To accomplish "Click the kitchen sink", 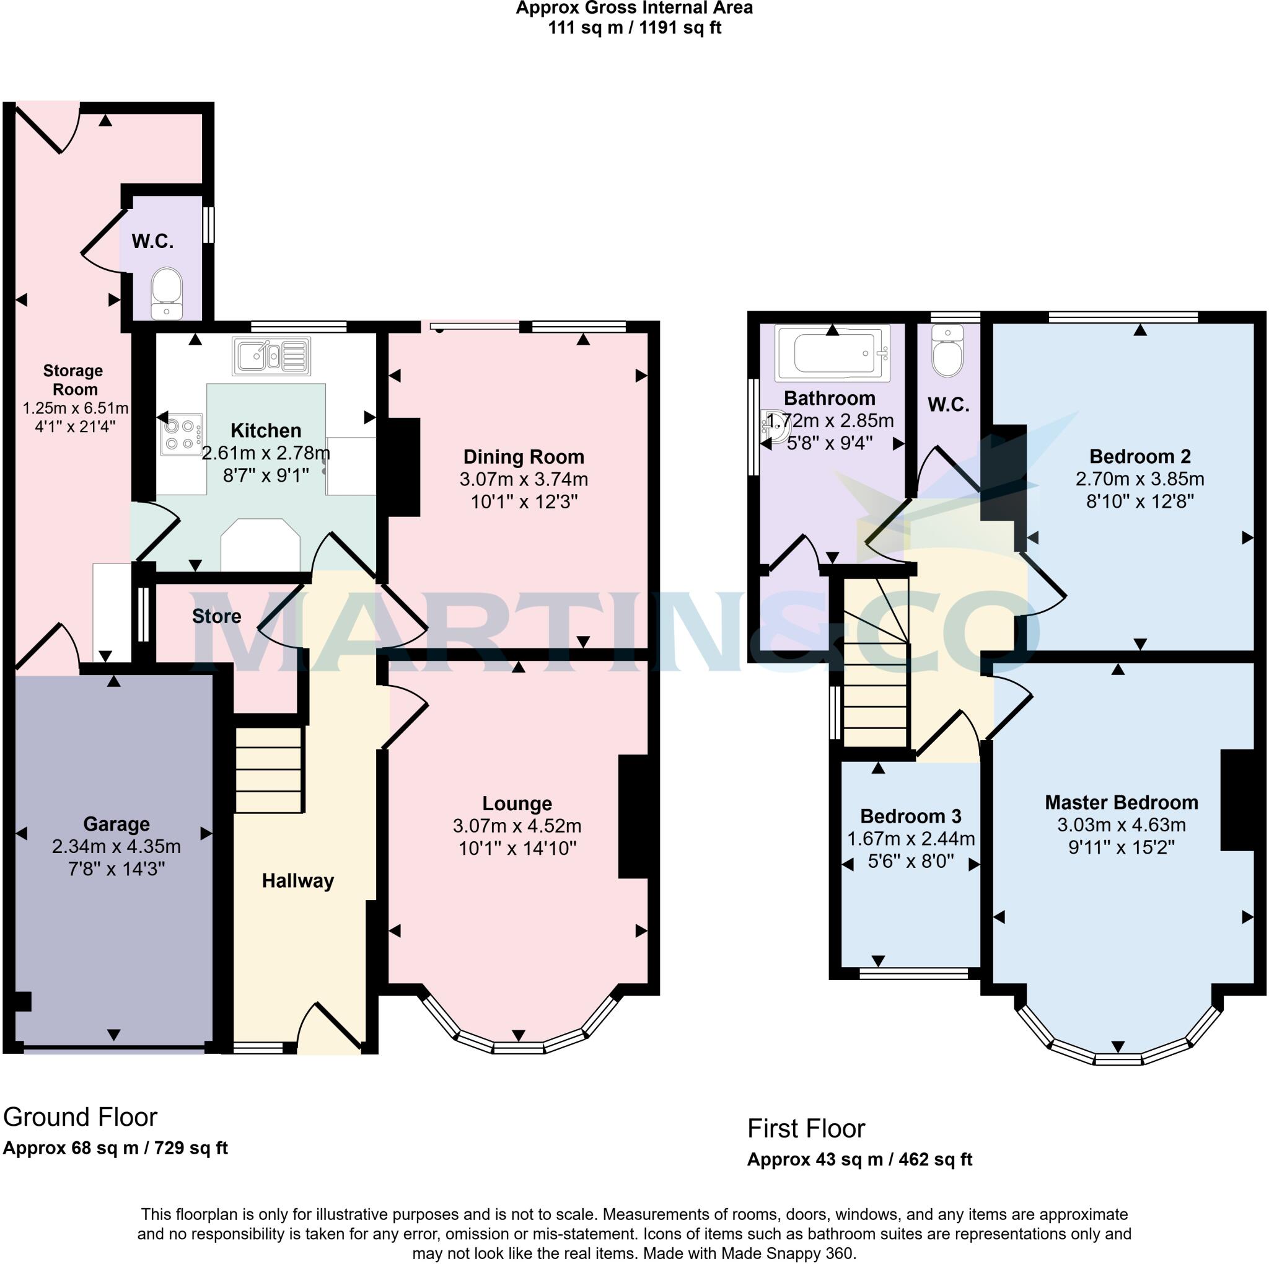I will [271, 356].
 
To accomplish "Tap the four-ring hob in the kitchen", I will [180, 435].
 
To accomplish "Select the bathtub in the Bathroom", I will [832, 353].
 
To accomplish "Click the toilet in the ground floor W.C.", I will [167, 293].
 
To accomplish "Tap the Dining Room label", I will [524, 457].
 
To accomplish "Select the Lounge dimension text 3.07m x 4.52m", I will [517, 826].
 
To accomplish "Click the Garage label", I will [116, 824].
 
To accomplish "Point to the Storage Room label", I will [73, 380].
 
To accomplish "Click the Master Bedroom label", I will [1121, 802].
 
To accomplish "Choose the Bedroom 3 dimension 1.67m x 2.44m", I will [910, 839].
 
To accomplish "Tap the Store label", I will [216, 616].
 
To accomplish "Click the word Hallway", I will [297, 881].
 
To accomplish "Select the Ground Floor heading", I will [80, 1118].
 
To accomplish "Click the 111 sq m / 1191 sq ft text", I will [634, 29].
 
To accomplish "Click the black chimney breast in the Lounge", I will [633, 816].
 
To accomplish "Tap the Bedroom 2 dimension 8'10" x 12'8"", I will [1139, 502].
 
